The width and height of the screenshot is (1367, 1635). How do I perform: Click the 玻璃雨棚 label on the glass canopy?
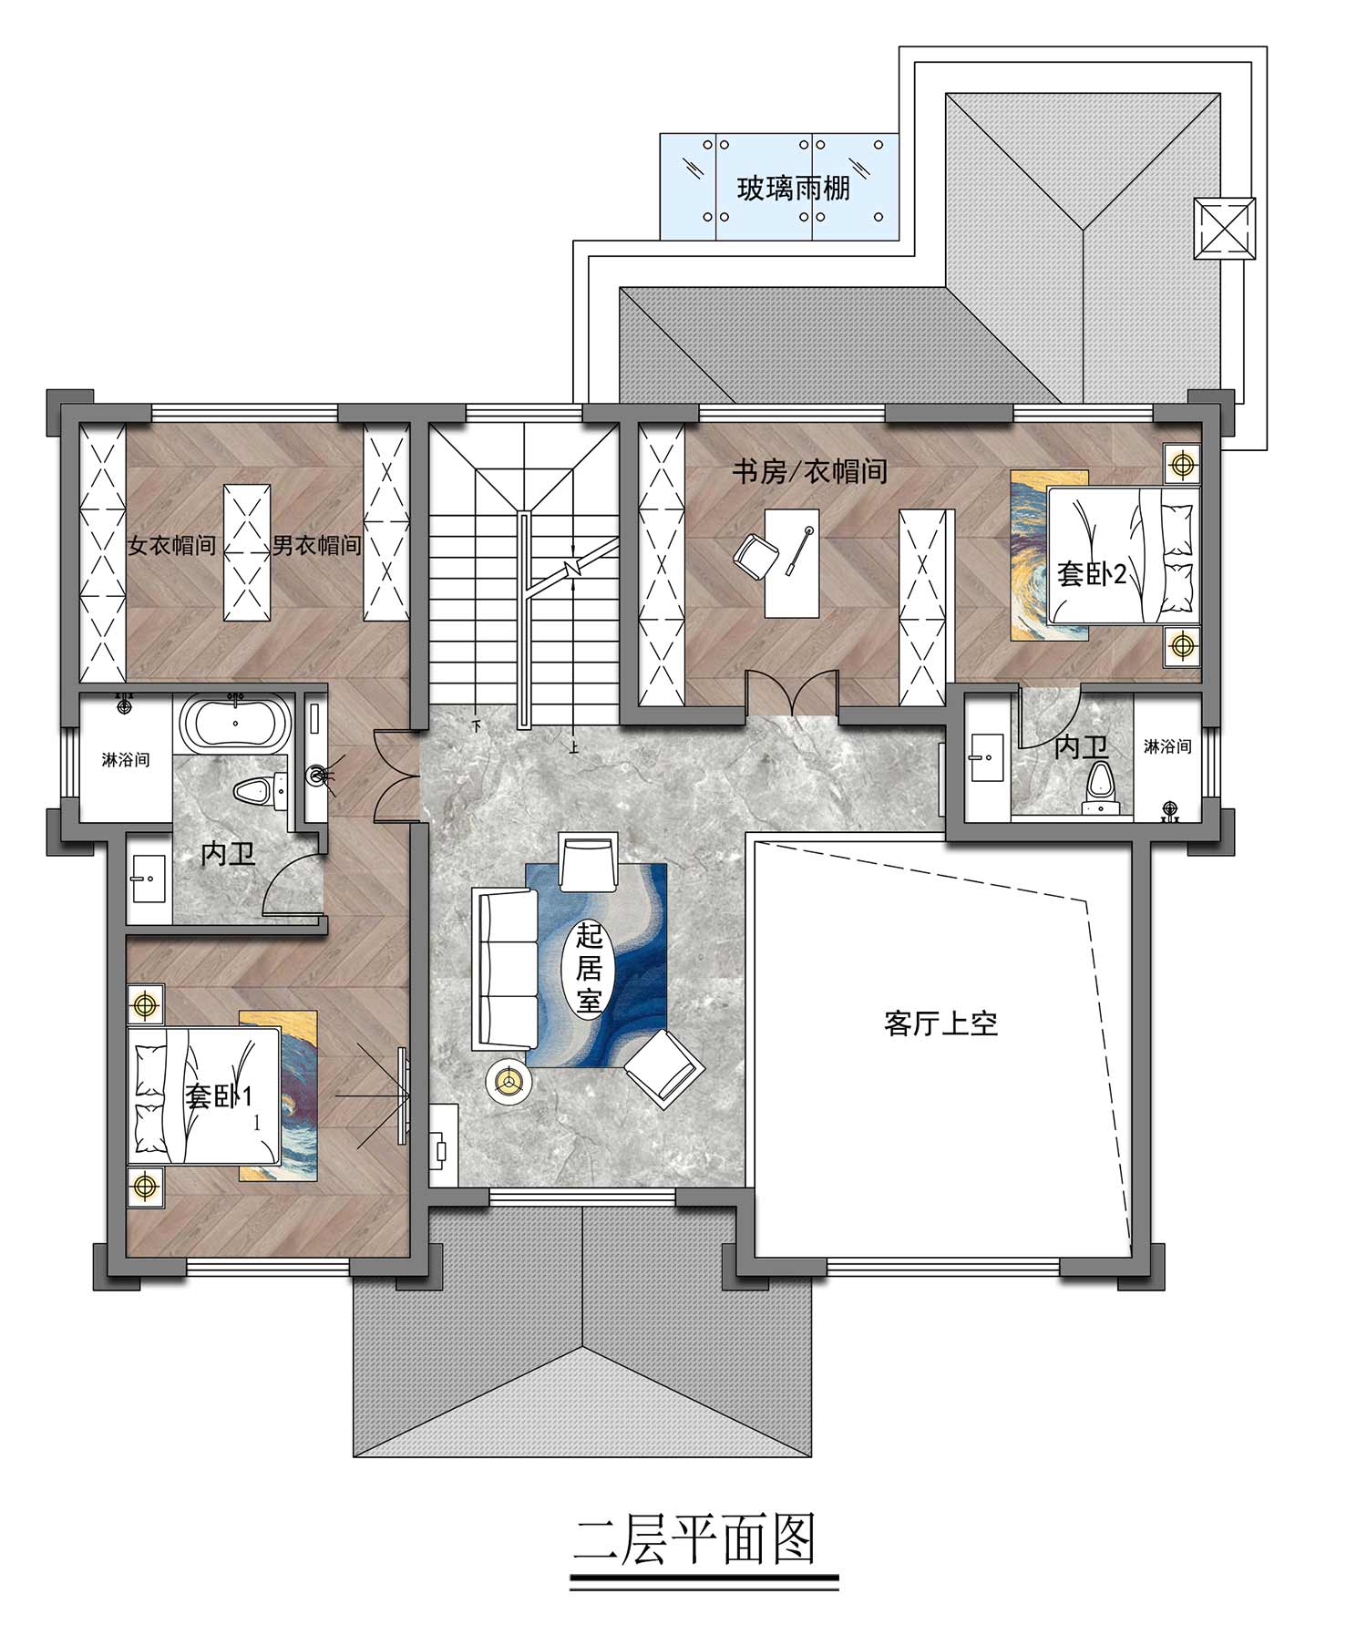click(x=793, y=189)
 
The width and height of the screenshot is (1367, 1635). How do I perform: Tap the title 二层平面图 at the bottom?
click(x=694, y=1539)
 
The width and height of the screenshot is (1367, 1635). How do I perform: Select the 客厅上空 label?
click(x=940, y=1023)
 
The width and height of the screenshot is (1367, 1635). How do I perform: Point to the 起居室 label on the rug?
click(x=589, y=969)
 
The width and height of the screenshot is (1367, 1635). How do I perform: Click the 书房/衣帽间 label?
click(x=810, y=471)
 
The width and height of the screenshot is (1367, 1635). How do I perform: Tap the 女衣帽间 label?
click(x=172, y=545)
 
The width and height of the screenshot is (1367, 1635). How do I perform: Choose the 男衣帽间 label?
click(x=317, y=545)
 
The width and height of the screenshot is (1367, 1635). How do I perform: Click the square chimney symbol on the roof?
click(x=1224, y=229)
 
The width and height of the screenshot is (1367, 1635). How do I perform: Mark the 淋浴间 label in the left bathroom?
click(x=126, y=759)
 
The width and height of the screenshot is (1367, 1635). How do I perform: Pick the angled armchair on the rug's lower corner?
click(x=664, y=1067)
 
